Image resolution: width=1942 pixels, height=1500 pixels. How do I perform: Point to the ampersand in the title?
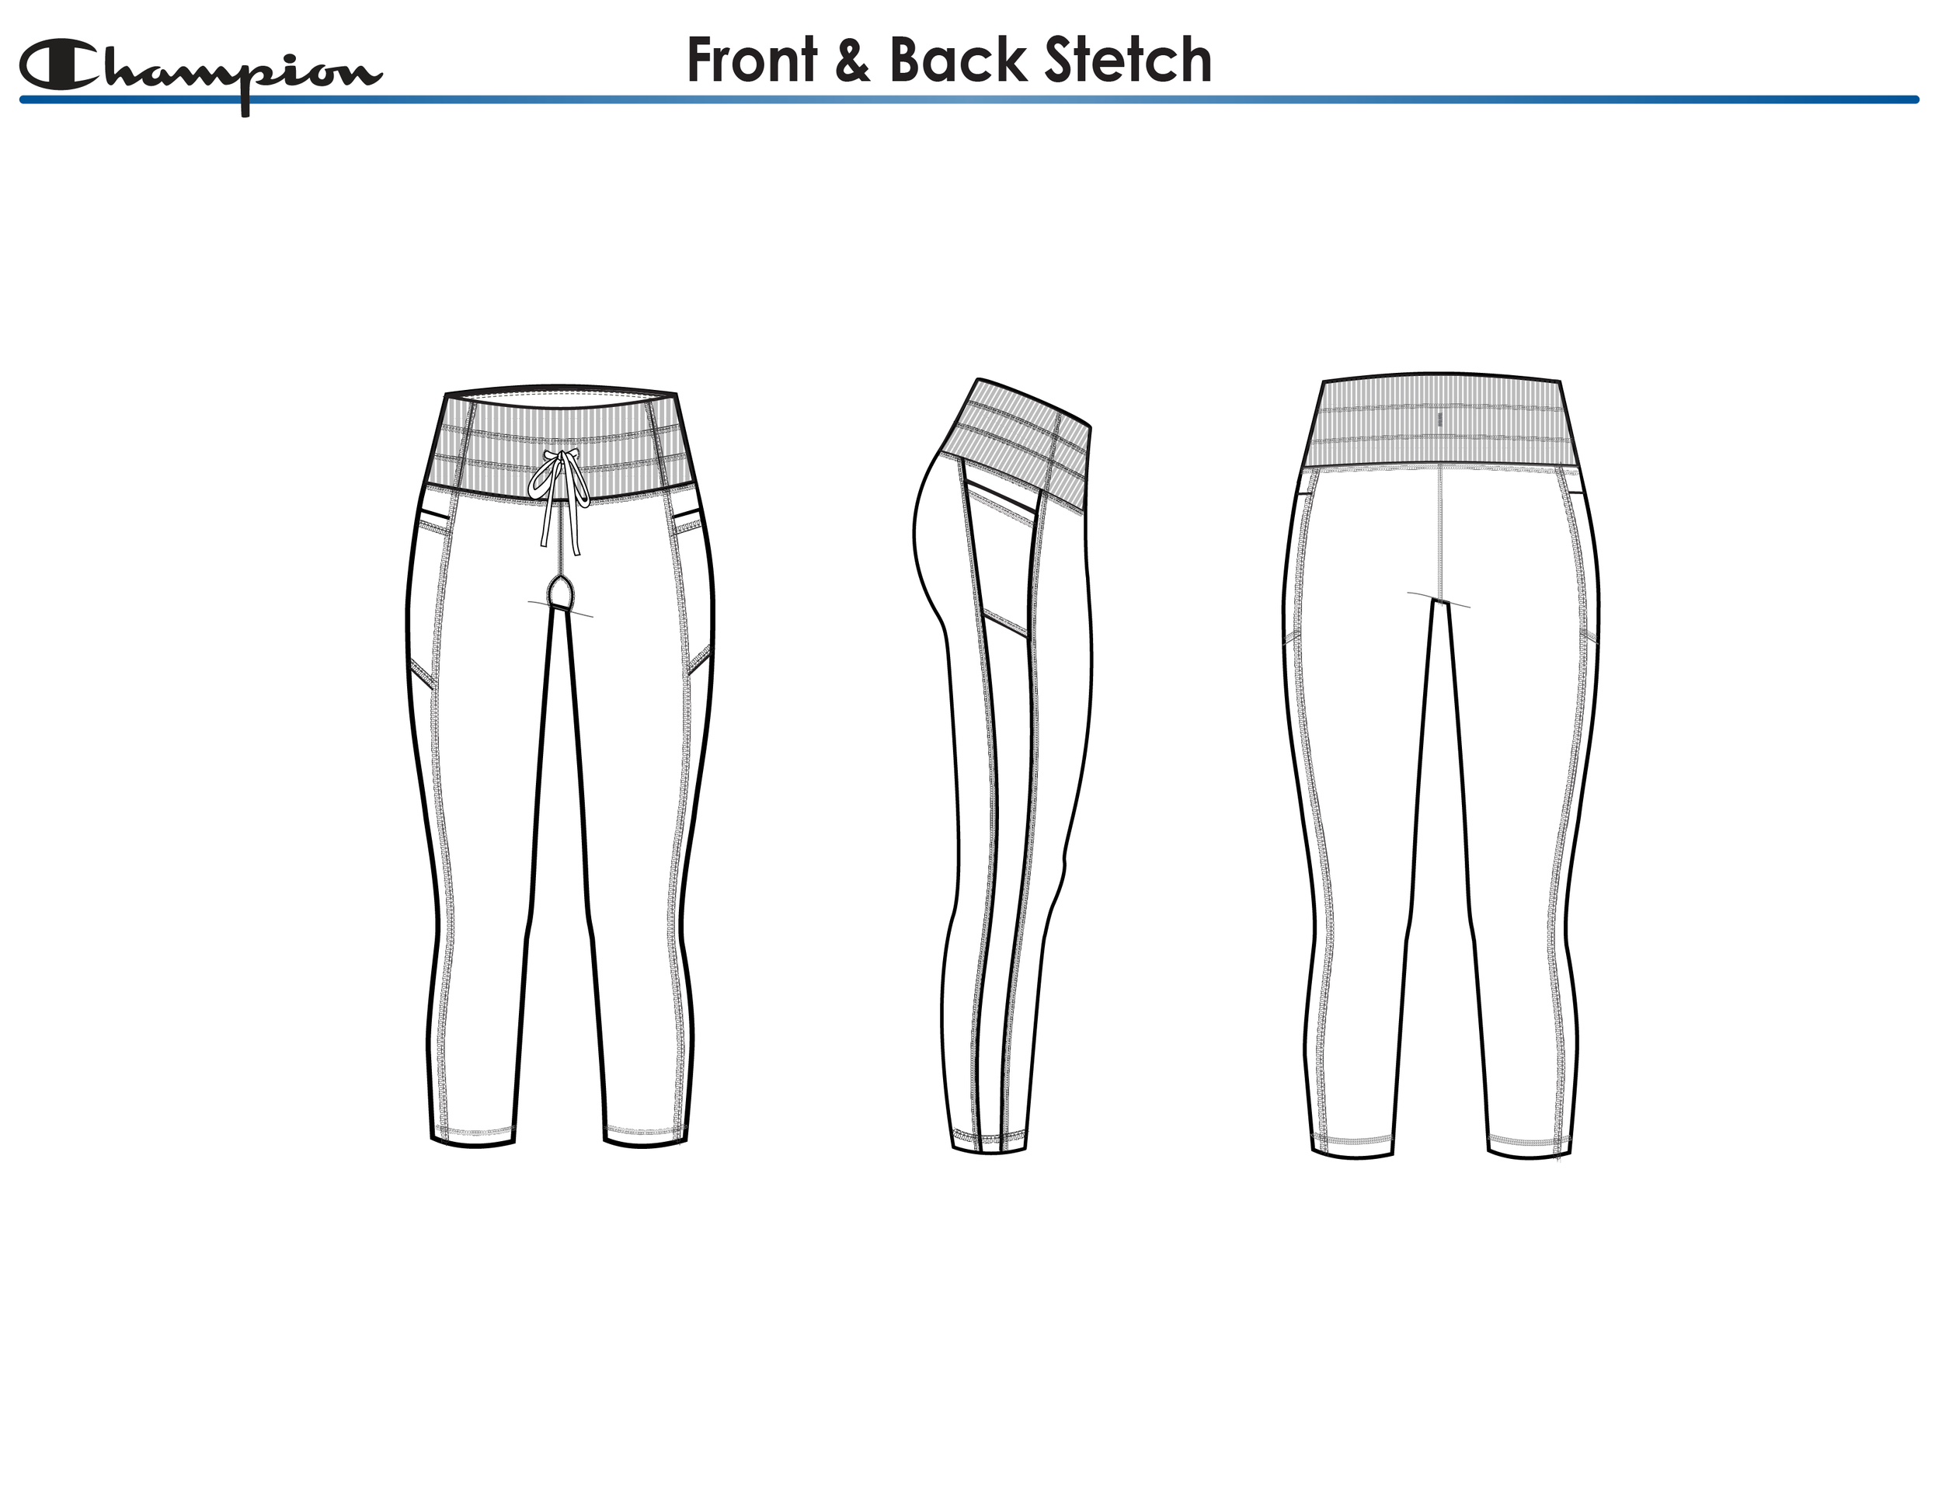coord(852,62)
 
